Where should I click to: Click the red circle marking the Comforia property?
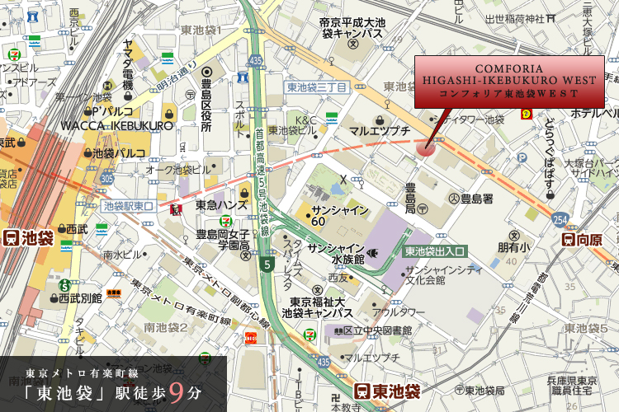click(426, 148)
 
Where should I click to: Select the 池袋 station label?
click(29, 239)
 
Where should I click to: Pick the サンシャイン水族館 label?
click(342, 253)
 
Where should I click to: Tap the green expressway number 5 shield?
click(267, 264)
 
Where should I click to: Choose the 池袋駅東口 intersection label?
click(128, 206)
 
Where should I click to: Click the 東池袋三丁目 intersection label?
click(316, 87)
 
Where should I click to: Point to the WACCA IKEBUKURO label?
click(117, 126)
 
